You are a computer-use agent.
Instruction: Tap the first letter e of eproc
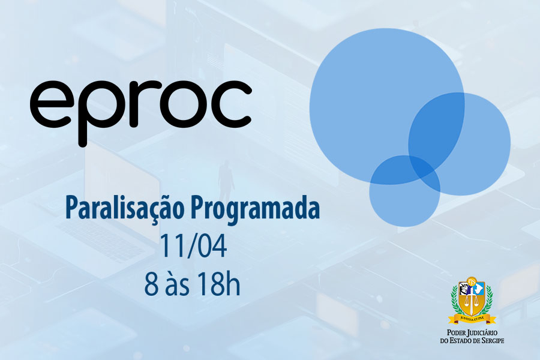(50, 104)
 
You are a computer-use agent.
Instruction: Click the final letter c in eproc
(232, 104)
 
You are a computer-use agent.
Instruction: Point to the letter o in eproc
(179, 104)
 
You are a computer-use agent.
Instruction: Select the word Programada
(255, 209)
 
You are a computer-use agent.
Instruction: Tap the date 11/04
(193, 247)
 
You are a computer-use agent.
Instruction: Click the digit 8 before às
(151, 285)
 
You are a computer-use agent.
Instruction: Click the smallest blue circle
(404, 191)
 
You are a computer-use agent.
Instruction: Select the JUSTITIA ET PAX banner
(473, 319)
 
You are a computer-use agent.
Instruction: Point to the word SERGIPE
(492, 341)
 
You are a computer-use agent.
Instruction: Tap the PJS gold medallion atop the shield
(472, 281)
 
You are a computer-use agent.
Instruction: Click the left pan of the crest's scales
(467, 304)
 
